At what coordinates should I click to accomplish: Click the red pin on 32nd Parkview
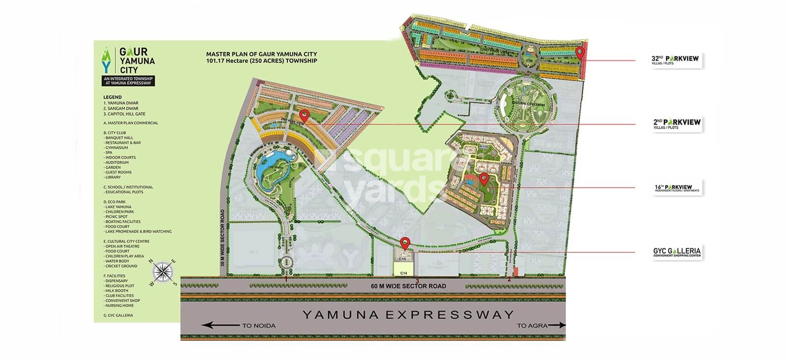[x=580, y=53]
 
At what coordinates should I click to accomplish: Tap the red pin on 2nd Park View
[x=305, y=116]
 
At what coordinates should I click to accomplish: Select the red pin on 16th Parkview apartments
[x=483, y=179]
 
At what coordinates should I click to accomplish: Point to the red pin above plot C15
[x=405, y=243]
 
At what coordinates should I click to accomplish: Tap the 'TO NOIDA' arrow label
[x=238, y=325]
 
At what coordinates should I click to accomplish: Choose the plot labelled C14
[x=404, y=272]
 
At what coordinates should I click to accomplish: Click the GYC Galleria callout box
[x=676, y=252]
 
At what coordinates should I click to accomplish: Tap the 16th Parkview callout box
[x=676, y=188]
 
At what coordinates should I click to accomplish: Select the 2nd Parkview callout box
[x=676, y=124]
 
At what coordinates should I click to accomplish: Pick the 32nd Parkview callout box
[x=674, y=60]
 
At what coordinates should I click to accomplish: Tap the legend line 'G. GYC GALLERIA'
[x=118, y=315]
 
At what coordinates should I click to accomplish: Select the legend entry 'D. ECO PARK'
[x=114, y=202]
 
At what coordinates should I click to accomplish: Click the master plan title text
[x=261, y=57]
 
